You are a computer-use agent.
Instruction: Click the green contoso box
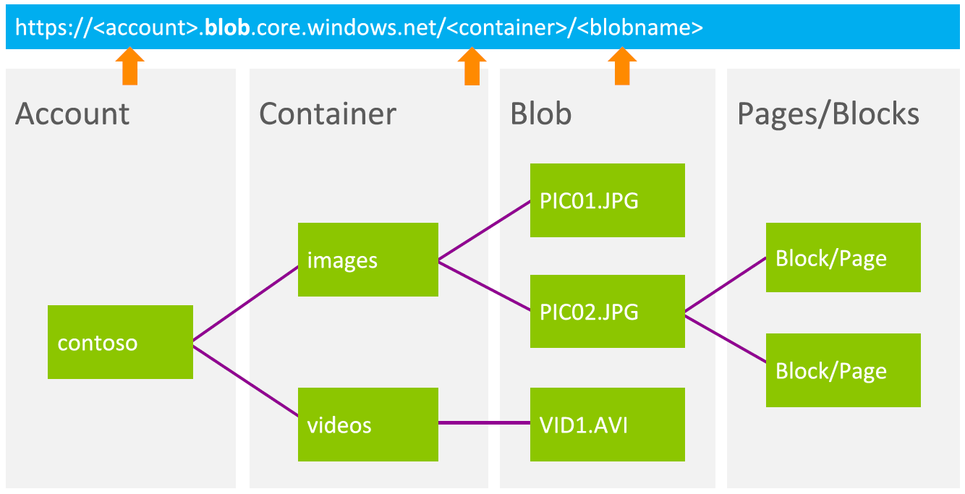click(x=120, y=342)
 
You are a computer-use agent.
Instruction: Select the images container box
click(x=367, y=259)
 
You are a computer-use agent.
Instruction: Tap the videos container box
click(x=367, y=424)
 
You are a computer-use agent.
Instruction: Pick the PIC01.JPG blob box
click(x=607, y=200)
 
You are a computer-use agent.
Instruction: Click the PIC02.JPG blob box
click(x=607, y=311)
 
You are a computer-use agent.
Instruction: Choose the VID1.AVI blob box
click(x=607, y=424)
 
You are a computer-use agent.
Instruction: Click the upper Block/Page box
click(x=843, y=257)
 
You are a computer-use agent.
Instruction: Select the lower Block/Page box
click(x=843, y=370)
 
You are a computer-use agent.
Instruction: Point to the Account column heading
click(x=72, y=114)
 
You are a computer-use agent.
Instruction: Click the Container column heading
click(x=328, y=114)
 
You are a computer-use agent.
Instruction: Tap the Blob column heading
click(x=540, y=114)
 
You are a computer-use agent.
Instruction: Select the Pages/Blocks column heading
click(x=828, y=114)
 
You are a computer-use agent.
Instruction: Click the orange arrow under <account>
click(x=130, y=67)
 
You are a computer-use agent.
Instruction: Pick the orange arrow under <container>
click(x=472, y=67)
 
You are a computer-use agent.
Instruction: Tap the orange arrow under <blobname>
click(x=622, y=67)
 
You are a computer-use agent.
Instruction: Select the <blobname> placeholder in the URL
click(x=641, y=27)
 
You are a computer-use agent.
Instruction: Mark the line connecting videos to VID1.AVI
click(x=484, y=423)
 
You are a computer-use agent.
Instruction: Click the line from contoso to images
click(x=246, y=302)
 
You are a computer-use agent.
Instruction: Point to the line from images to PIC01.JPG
click(x=484, y=230)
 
